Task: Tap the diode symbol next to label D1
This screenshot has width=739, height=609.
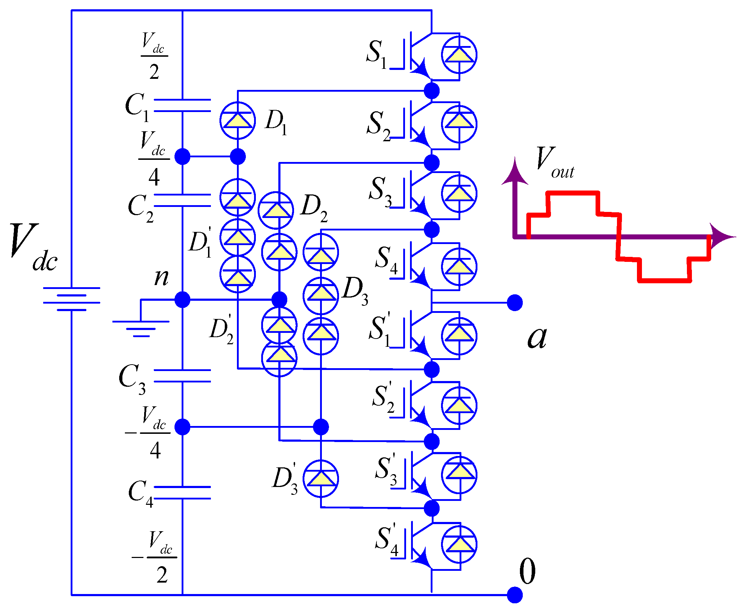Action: (x=238, y=121)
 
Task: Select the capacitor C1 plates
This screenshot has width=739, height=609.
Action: (x=182, y=106)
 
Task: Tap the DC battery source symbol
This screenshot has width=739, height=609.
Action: (x=71, y=299)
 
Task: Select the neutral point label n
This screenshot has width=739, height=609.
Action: (x=161, y=277)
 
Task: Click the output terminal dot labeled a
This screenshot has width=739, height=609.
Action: (x=515, y=303)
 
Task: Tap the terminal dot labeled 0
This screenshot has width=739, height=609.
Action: (x=515, y=595)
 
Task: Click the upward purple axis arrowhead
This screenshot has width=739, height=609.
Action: (x=515, y=171)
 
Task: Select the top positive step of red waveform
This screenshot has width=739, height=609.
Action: (x=573, y=193)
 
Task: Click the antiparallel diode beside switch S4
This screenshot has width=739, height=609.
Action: (x=459, y=267)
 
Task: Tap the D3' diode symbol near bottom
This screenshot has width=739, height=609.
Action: (x=320, y=478)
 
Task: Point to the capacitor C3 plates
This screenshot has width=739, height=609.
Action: (x=182, y=376)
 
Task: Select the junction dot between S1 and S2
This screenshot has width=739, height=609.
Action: (x=432, y=91)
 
